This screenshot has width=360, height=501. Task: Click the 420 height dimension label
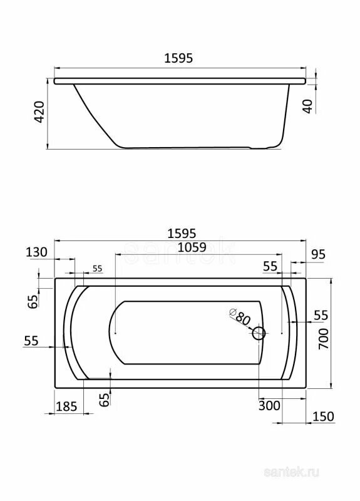(x=39, y=112)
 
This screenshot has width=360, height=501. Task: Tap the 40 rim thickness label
(x=308, y=106)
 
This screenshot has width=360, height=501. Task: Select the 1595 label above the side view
(x=178, y=58)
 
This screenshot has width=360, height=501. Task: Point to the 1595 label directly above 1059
(x=182, y=233)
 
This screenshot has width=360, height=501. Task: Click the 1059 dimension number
(x=192, y=247)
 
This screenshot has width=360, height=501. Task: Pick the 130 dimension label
(x=36, y=252)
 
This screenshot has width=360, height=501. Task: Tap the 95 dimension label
(x=318, y=254)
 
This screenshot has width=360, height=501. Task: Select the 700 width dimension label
(x=323, y=339)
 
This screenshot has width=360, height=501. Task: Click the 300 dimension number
(x=269, y=406)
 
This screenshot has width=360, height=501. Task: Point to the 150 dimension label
(x=323, y=416)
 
